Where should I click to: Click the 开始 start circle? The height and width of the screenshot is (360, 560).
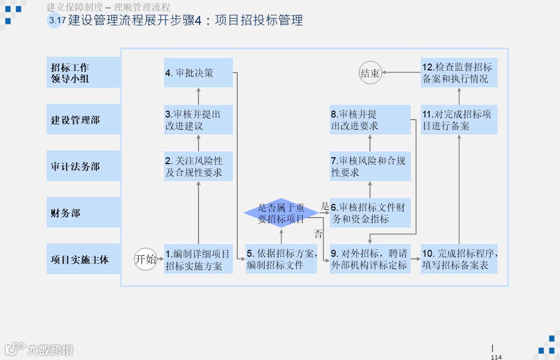point(146,259)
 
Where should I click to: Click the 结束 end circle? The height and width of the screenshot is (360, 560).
point(370,73)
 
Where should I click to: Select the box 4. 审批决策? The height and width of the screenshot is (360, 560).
point(198,73)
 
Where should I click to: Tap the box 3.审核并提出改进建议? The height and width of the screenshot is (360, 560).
point(198,120)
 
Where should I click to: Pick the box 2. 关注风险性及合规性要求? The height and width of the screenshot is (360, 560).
point(198,166)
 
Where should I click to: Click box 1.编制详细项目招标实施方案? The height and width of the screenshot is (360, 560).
point(198,259)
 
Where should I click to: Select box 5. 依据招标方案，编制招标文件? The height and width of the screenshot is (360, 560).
point(281,259)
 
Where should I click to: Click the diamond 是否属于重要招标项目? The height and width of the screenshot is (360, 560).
point(281,213)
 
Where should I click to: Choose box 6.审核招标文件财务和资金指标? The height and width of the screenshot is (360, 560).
point(370,213)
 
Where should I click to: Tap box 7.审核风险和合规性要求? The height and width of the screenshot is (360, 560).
point(370,166)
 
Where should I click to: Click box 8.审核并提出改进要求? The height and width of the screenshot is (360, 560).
point(370,120)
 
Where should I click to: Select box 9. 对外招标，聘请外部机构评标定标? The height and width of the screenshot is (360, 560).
point(370,259)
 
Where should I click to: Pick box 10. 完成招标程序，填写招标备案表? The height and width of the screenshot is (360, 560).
point(459,259)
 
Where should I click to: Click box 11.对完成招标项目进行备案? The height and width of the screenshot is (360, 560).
point(459,120)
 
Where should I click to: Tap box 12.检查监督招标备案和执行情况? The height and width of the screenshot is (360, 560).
point(459,73)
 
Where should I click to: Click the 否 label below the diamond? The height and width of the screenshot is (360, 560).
point(318,234)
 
